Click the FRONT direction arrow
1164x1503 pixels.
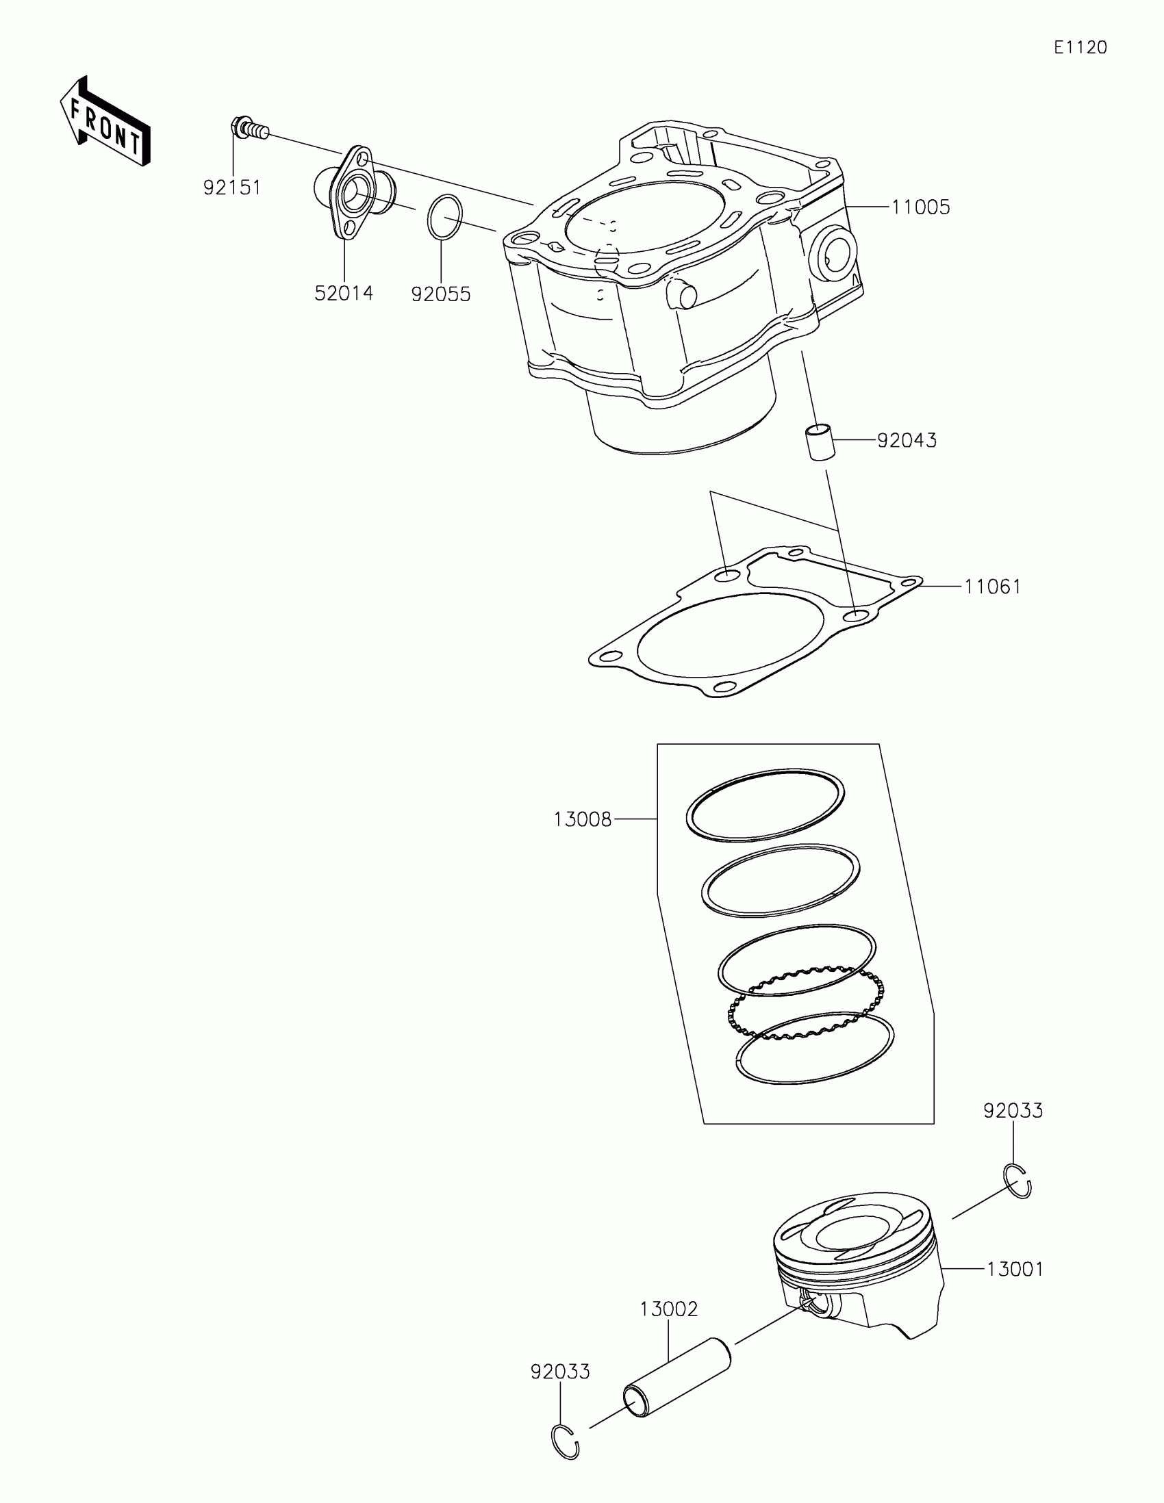coord(105,122)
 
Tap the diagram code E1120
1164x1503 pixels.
coord(1080,47)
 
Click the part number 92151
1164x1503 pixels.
coord(232,187)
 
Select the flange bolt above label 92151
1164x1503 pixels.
coord(247,129)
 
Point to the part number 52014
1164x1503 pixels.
coord(344,293)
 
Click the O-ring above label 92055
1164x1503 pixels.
coord(444,217)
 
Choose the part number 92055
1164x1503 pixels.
coord(440,294)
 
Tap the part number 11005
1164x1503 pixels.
coord(920,207)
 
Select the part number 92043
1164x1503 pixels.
coord(907,441)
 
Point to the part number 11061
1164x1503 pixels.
coord(992,587)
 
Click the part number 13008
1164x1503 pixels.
coord(583,820)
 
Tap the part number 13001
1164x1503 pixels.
coord(1015,1270)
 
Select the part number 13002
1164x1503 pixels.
coord(668,1309)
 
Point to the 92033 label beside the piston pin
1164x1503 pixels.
coord(559,1372)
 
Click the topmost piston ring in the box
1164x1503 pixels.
coord(765,804)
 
